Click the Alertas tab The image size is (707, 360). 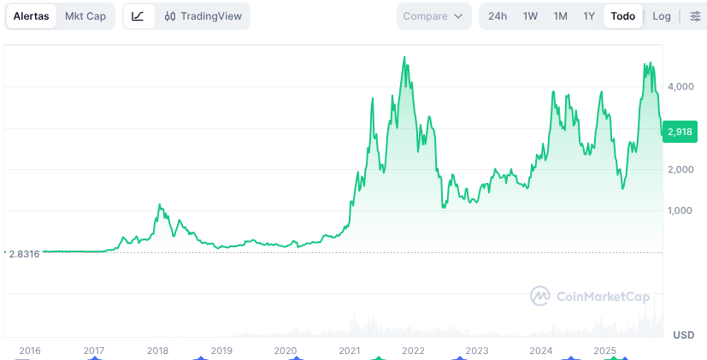click(31, 16)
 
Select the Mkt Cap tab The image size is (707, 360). click(85, 16)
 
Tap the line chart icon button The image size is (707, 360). click(138, 16)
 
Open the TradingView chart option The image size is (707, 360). click(203, 16)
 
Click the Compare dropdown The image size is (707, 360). click(434, 16)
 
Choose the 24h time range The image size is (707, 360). click(498, 16)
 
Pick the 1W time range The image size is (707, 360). click(530, 16)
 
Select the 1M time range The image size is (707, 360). click(560, 16)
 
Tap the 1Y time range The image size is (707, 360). click(589, 16)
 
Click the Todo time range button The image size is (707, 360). click(623, 16)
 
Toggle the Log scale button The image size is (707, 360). click(662, 16)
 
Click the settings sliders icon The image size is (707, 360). click(695, 16)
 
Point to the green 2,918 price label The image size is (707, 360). click(680, 132)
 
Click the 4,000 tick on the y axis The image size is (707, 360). click(680, 86)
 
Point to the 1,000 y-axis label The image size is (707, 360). click(680, 211)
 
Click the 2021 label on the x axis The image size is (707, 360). click(349, 351)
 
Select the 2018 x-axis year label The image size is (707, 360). click(157, 351)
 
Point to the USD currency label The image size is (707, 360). click(683, 334)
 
